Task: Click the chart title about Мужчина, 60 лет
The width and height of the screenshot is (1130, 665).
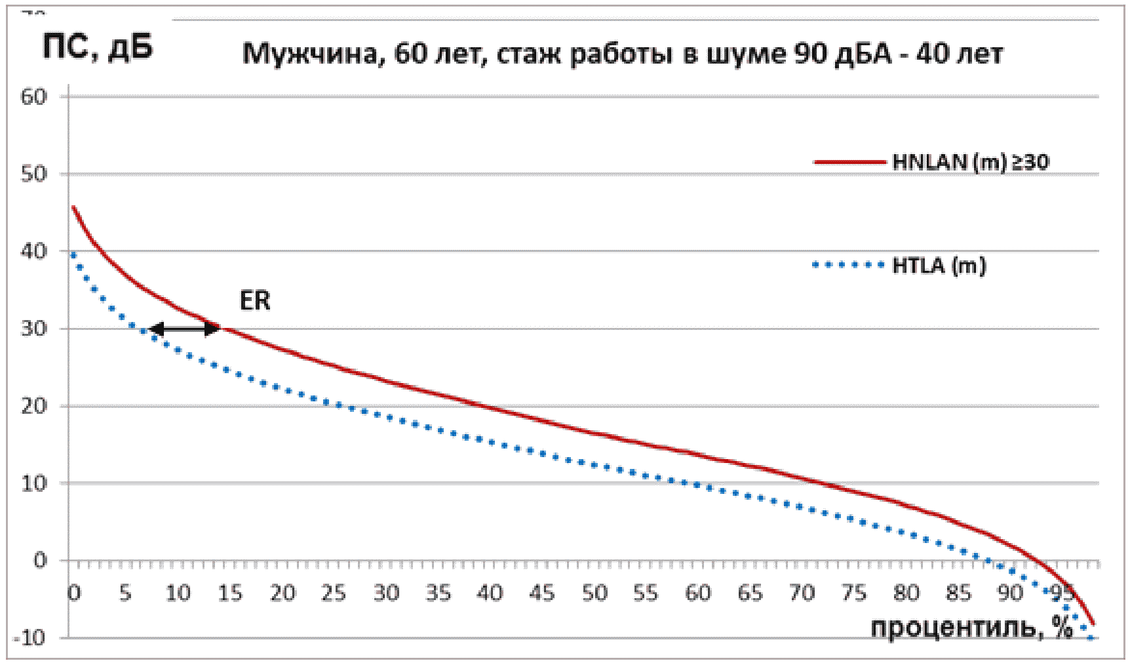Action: (x=622, y=54)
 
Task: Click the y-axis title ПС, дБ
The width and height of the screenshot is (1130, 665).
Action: (x=98, y=47)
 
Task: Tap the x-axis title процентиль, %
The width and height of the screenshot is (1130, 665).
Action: (x=971, y=628)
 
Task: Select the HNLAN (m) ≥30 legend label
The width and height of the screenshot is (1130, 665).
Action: (x=970, y=162)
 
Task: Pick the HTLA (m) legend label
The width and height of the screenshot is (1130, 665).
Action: (x=939, y=266)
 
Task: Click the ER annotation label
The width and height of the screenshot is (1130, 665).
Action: (x=255, y=301)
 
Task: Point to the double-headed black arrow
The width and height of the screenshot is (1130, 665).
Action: (x=186, y=329)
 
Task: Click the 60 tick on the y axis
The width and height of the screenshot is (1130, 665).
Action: (x=34, y=97)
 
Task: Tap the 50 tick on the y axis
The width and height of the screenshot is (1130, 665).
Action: (x=34, y=174)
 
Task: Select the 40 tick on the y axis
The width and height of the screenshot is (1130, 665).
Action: (x=34, y=251)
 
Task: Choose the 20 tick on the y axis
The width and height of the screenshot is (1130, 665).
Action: (x=34, y=406)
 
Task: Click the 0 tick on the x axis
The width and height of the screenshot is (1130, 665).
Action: (x=74, y=594)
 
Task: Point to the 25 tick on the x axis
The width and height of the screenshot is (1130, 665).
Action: (x=334, y=594)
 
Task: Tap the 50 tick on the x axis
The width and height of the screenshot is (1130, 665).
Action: (x=594, y=594)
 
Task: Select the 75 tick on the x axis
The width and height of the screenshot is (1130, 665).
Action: (x=854, y=594)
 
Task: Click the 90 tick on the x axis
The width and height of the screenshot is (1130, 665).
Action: (x=1010, y=594)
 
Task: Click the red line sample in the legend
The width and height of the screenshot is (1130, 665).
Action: (x=849, y=162)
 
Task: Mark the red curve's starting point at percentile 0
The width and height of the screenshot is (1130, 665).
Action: (x=73, y=207)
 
